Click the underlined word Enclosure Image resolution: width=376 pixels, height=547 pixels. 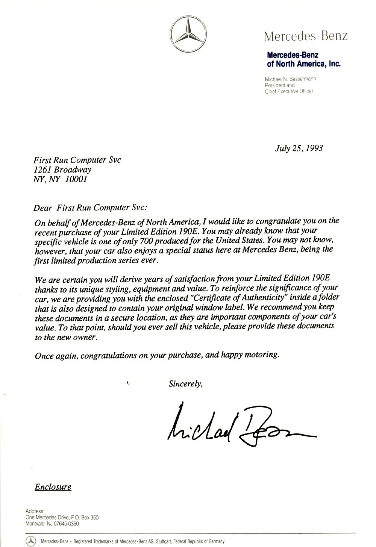tap(53, 487)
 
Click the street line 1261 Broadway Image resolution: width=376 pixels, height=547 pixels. tap(62, 170)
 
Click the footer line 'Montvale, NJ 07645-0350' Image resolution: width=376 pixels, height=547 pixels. tap(52, 523)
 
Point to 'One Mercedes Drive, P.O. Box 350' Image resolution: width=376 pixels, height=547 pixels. tap(62, 517)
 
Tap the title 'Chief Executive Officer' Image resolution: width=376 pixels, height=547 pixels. tap(289, 91)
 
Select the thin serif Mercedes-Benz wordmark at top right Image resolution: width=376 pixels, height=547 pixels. tap(306, 36)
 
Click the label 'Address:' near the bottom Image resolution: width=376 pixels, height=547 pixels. tap(35, 511)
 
